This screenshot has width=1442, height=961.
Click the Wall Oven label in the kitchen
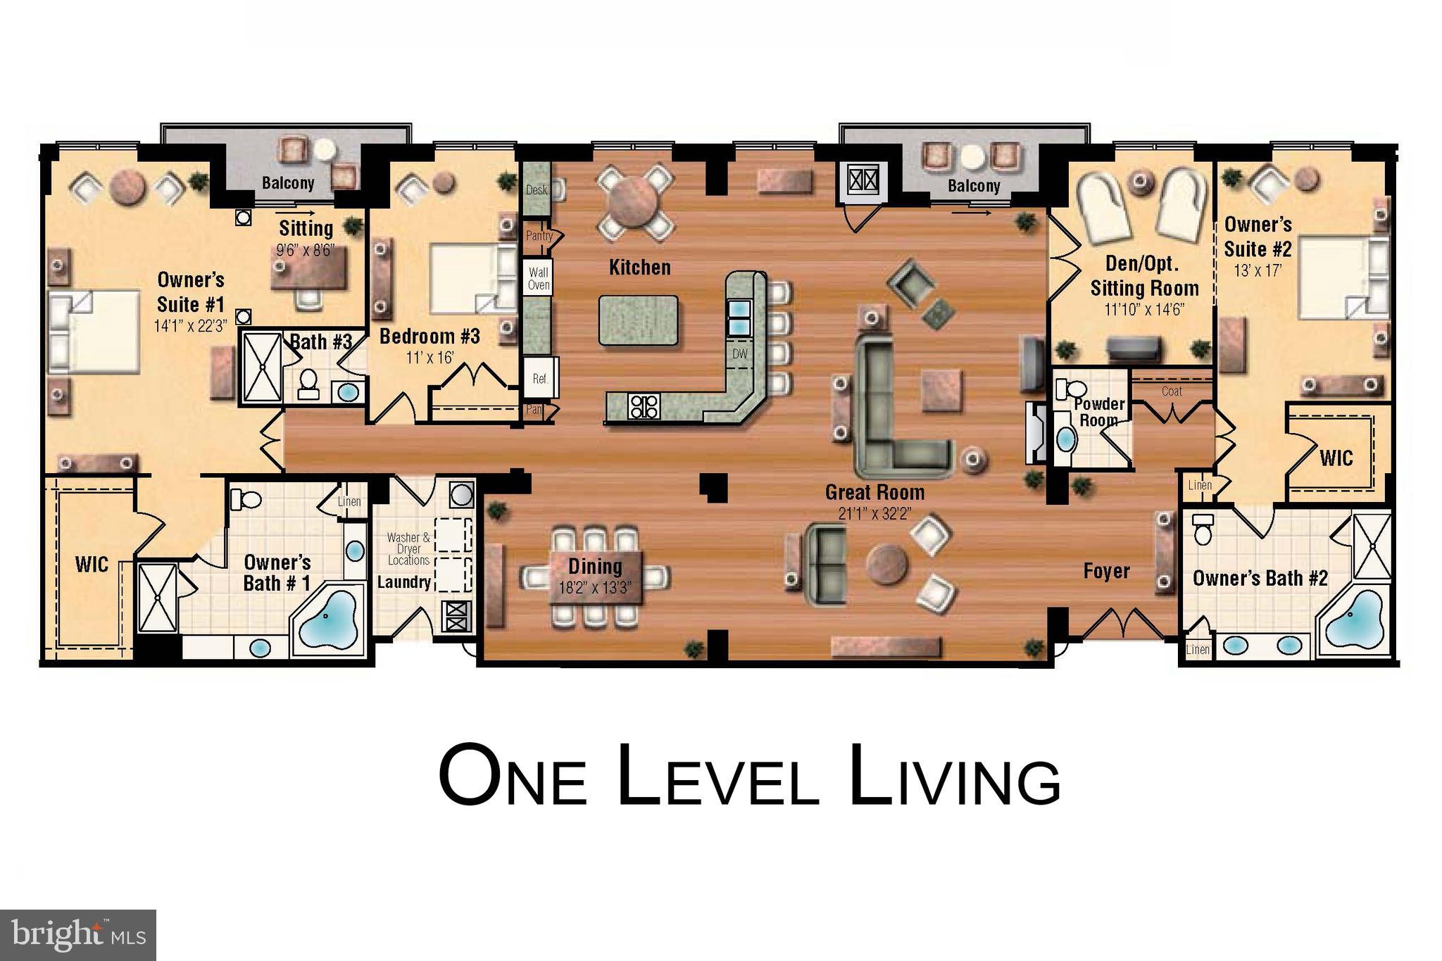point(539,278)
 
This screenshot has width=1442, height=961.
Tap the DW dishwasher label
point(739,354)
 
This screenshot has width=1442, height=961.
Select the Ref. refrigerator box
point(540,379)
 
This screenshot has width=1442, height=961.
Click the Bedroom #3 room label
point(430,337)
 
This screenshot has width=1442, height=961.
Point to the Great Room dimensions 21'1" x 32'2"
point(875,513)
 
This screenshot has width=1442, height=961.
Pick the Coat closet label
point(1172,391)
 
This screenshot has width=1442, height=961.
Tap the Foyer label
point(1106,571)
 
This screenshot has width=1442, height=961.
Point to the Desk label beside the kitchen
point(536,190)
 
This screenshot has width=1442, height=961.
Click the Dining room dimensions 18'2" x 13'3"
point(595,587)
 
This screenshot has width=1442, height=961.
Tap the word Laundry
point(403,582)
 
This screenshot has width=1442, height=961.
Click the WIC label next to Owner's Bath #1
point(92,565)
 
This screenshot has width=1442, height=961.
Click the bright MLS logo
point(77,934)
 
